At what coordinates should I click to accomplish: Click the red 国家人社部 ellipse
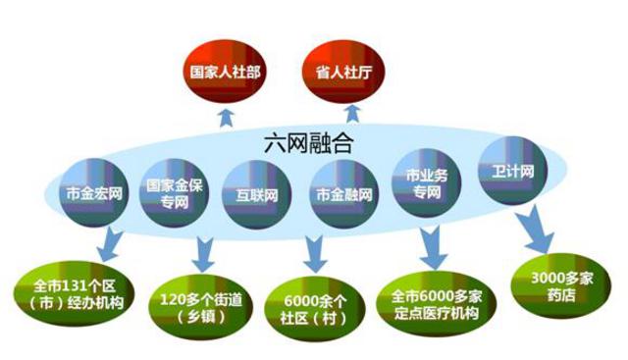(x=229, y=71)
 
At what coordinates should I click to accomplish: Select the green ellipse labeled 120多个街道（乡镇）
(x=193, y=302)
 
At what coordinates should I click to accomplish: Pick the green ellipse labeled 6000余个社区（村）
(x=310, y=303)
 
